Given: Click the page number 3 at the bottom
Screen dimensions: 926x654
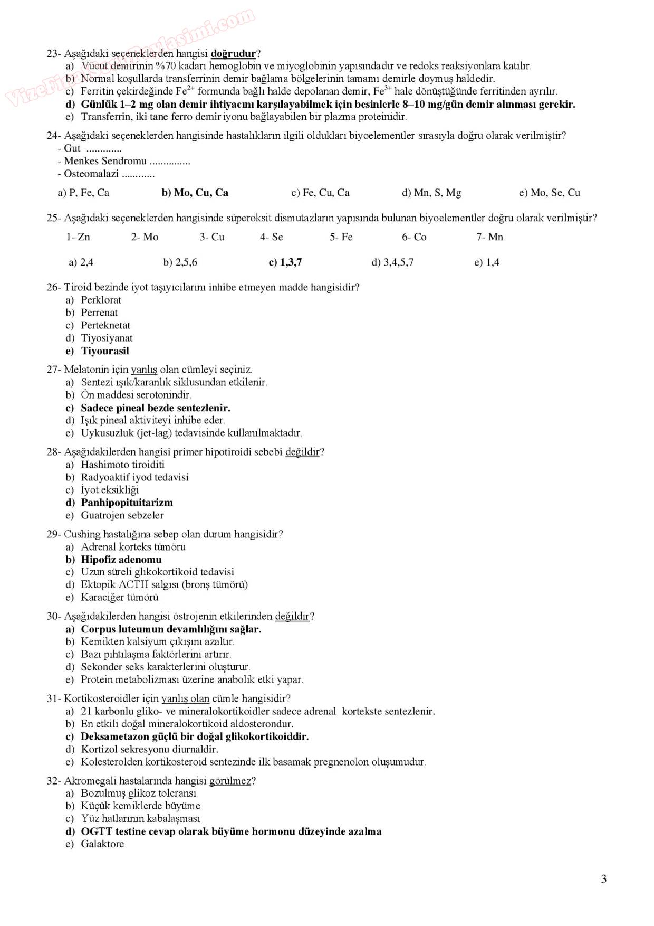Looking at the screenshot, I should (x=604, y=878).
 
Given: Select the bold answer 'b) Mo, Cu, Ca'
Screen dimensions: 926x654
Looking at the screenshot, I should (x=195, y=193).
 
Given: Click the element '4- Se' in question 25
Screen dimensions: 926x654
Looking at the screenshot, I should (x=271, y=237).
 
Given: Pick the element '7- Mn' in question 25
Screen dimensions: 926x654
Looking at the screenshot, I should (x=489, y=237).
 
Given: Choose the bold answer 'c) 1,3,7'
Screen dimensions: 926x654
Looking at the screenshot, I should (x=285, y=262).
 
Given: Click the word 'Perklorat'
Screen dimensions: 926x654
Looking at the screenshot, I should (x=101, y=300).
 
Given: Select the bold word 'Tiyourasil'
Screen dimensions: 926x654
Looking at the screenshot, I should (x=104, y=351).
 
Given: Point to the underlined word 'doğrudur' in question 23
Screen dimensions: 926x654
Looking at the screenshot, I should (x=233, y=53).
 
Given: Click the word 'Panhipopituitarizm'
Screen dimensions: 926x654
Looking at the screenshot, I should (x=127, y=503).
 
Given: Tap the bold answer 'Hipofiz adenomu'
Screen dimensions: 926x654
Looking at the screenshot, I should (x=121, y=560).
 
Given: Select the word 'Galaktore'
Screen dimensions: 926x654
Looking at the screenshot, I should (x=102, y=844).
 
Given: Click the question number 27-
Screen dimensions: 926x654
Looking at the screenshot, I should (x=54, y=370).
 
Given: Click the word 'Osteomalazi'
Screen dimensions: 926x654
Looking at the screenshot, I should (x=91, y=174).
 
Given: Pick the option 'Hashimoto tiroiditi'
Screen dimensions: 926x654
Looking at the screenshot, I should (x=122, y=465).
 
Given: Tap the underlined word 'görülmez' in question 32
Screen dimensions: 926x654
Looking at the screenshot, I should (x=230, y=781).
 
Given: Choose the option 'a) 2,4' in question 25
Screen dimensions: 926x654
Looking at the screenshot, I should (x=81, y=262).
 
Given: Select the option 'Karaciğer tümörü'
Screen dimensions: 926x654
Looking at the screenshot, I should (x=119, y=597).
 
